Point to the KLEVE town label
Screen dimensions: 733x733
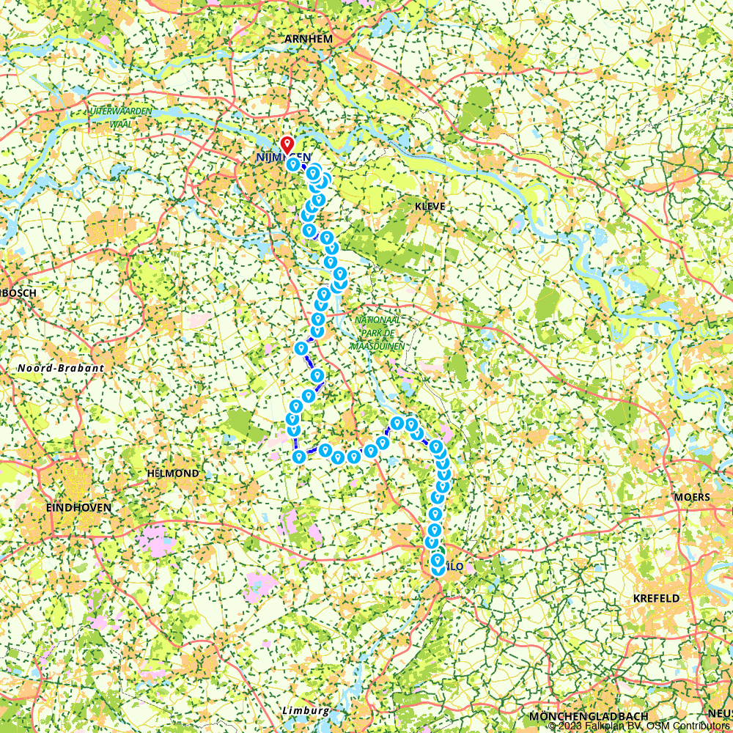tap(430, 207)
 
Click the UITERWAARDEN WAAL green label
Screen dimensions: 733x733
tap(121, 117)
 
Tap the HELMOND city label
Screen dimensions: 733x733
tap(173, 474)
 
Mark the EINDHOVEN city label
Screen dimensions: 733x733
tap(78, 507)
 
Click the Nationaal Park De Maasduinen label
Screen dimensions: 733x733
tap(377, 333)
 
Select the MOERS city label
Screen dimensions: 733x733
tap(692, 497)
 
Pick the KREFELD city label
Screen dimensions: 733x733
tap(656, 598)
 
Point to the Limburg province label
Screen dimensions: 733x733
tap(305, 711)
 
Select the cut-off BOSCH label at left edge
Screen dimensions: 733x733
tap(18, 292)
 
